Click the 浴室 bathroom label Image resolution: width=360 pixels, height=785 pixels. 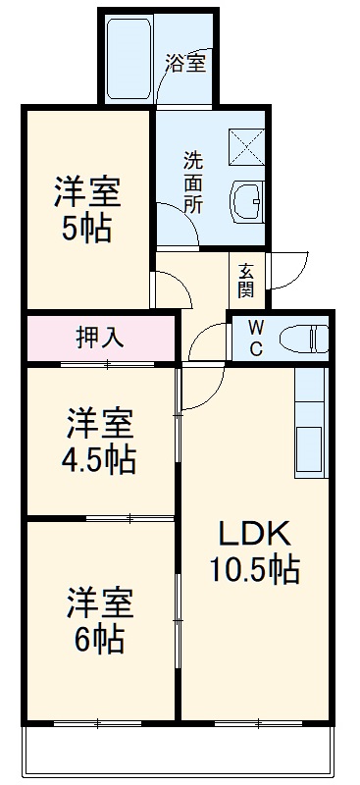(x=185, y=65)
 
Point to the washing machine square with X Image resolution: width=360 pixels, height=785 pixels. (x=247, y=145)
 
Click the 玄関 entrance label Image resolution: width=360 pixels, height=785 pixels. (x=245, y=279)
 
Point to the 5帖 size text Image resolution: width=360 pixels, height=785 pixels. (x=87, y=230)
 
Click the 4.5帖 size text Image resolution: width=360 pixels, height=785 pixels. (x=101, y=458)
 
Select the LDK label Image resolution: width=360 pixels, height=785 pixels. (x=252, y=535)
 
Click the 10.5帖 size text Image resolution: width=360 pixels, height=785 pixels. (x=252, y=568)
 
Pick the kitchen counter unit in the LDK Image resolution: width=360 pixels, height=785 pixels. (x=310, y=422)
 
